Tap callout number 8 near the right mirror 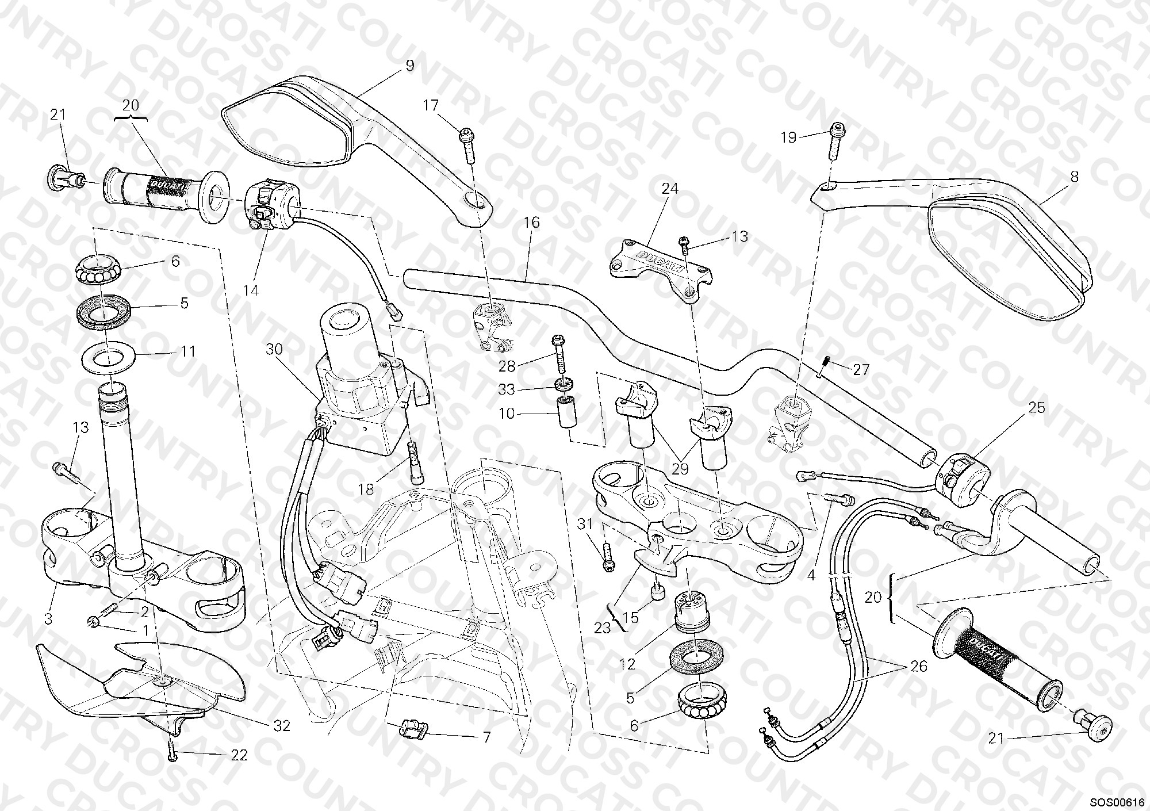1074,177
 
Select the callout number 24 670,189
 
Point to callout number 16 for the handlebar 532,222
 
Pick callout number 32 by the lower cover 282,726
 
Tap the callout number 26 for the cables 919,666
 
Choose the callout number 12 627,664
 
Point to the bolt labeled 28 559,354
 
